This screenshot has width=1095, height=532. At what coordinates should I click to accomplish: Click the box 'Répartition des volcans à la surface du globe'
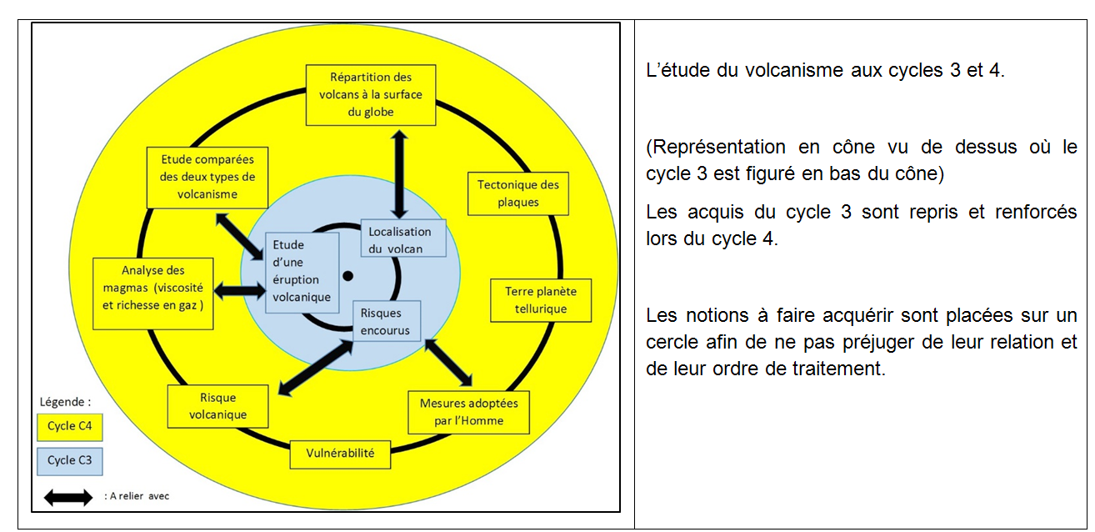[371, 95]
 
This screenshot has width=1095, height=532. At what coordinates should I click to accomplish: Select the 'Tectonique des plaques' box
[518, 193]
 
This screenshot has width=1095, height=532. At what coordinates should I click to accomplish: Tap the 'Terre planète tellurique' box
[541, 300]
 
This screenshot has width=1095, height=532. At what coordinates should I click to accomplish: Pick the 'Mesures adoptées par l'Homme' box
[469, 412]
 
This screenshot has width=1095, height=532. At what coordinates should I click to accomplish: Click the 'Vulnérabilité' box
[340, 454]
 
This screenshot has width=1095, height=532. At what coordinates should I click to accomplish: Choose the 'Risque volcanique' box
[218, 406]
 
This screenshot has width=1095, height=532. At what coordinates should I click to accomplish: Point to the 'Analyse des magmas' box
[153, 294]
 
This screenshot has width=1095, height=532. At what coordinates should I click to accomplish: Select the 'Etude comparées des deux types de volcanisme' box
[207, 178]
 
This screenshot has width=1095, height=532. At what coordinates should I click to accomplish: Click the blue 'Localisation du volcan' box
[403, 238]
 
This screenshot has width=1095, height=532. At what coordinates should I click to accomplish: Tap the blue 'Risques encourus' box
[387, 321]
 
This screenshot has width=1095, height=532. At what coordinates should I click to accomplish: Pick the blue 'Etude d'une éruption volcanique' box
[302, 273]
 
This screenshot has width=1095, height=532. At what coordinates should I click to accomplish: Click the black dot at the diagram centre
[348, 276]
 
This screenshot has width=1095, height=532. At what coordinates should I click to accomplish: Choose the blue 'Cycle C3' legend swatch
[70, 461]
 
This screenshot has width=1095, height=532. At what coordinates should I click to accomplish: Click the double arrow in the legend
[68, 497]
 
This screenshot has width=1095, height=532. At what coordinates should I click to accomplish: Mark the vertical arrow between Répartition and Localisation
[400, 173]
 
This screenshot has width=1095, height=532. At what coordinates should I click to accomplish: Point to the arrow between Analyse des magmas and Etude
[239, 290]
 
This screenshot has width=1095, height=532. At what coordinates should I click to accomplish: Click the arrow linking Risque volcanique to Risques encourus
[316, 368]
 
